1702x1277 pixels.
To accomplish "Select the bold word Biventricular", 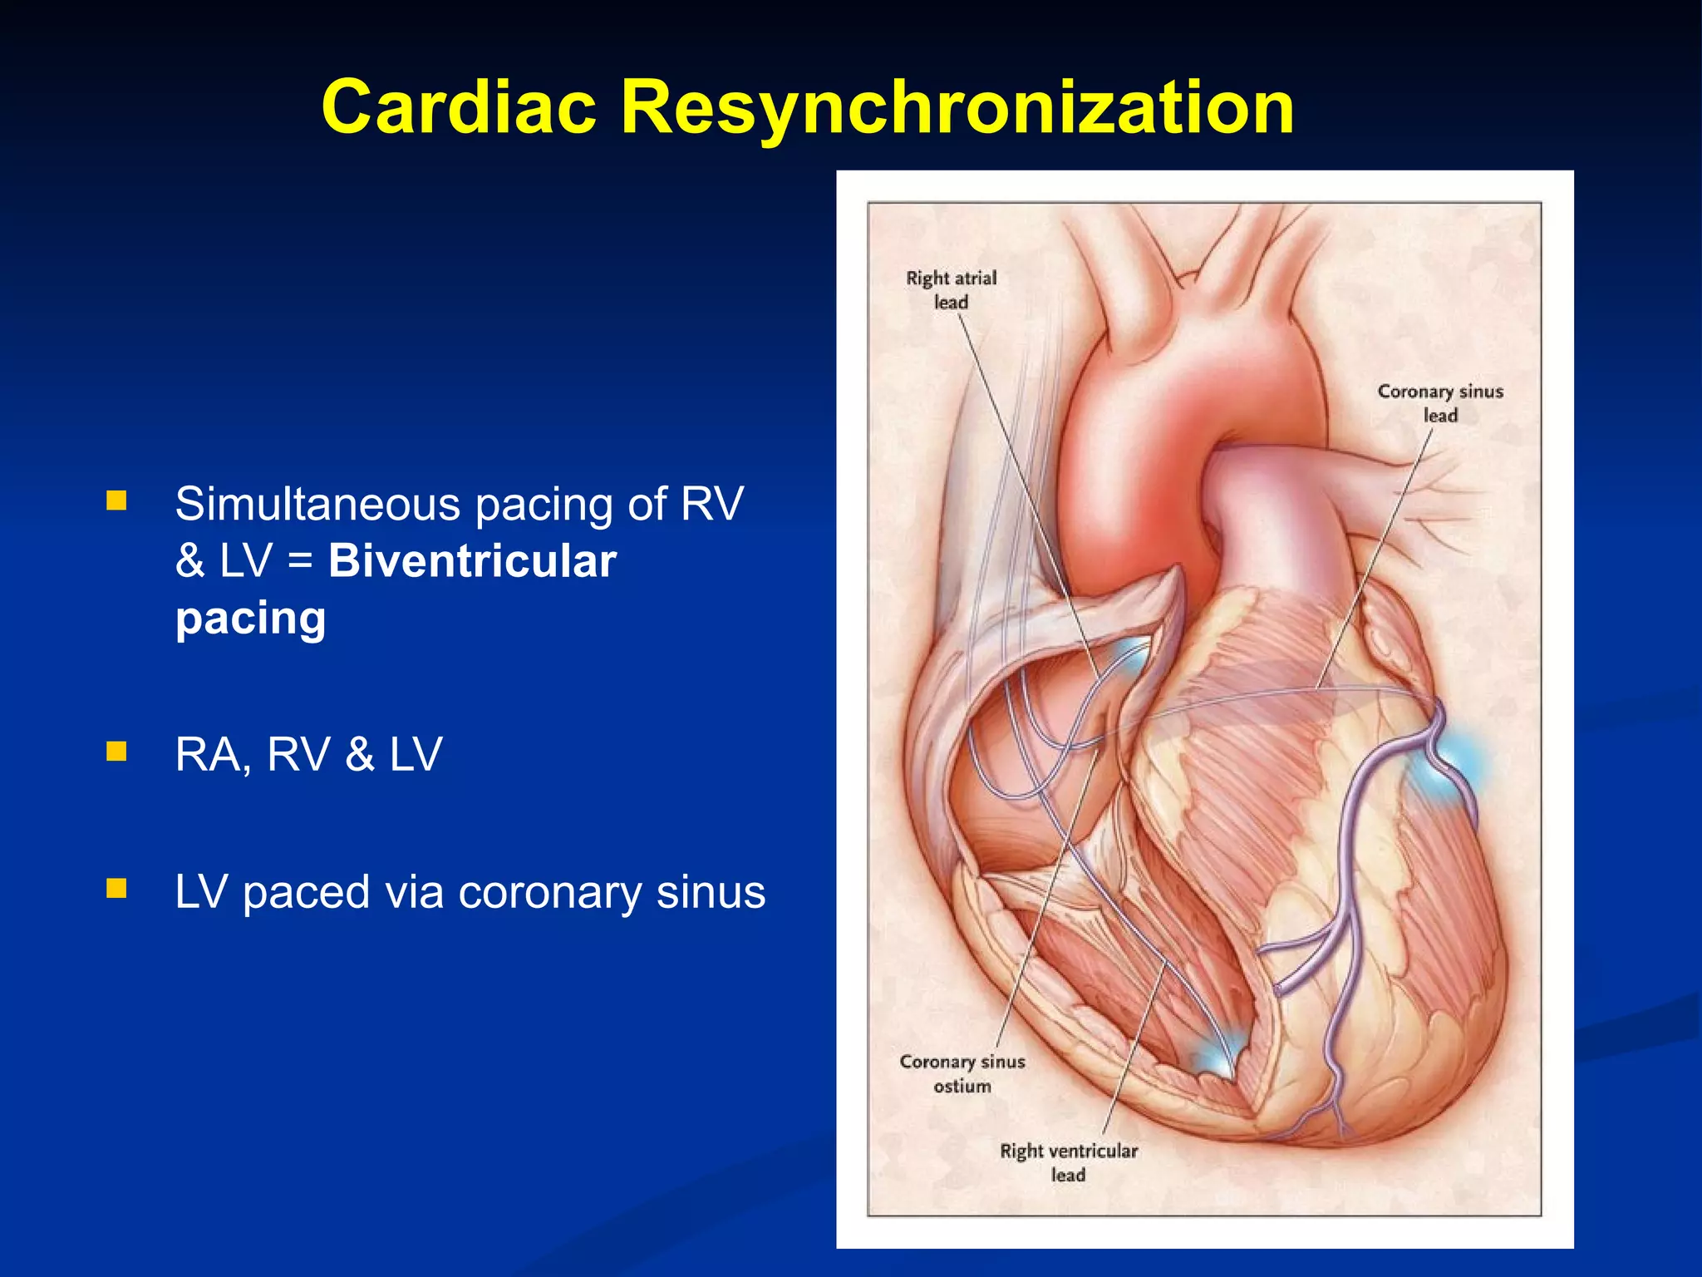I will click(x=472, y=561).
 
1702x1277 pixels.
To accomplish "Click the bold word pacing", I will click(x=250, y=619).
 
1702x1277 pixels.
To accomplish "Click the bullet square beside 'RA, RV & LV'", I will click(x=116, y=752).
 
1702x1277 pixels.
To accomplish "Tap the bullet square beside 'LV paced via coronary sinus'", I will click(x=116, y=889).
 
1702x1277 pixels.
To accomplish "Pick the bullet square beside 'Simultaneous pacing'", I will click(x=116, y=500).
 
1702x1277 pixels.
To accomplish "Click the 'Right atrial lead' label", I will click(x=951, y=289).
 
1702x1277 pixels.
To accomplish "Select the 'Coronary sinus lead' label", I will click(x=1440, y=403).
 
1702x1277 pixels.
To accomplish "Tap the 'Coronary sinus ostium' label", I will click(x=962, y=1073).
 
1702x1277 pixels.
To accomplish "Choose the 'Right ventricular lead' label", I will click(x=1069, y=1162).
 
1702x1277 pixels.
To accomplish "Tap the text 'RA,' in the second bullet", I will click(x=213, y=755).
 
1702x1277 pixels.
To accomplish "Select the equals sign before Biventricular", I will click(x=300, y=563).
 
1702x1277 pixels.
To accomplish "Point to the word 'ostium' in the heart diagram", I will click(x=962, y=1086).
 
